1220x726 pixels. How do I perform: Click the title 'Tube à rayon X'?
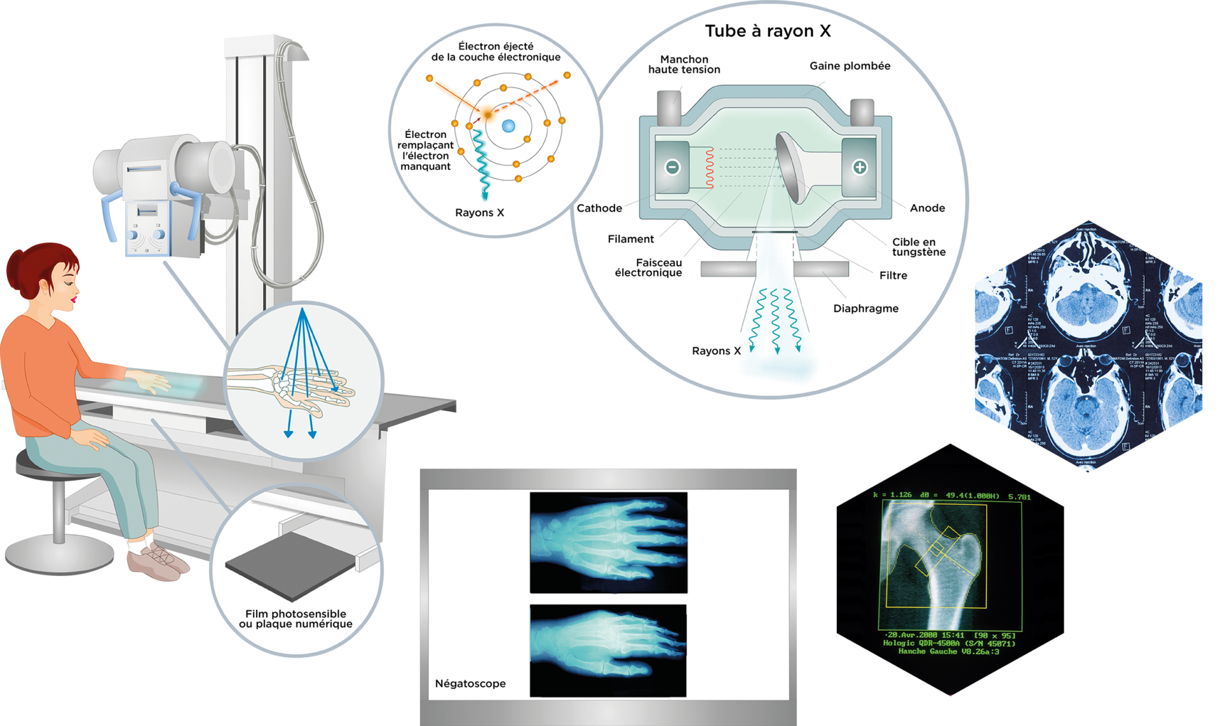pyautogui.click(x=768, y=31)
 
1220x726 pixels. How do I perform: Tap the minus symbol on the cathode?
pyautogui.click(x=672, y=167)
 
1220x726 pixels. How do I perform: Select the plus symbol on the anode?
pyautogui.click(x=859, y=167)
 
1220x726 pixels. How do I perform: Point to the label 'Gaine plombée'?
pyautogui.click(x=850, y=66)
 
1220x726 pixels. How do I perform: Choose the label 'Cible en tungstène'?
pyautogui.click(x=918, y=247)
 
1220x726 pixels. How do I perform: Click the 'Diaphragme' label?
pyautogui.click(x=865, y=308)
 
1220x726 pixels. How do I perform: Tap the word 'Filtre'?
pyautogui.click(x=893, y=275)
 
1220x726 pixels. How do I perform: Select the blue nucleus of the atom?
pyautogui.click(x=508, y=126)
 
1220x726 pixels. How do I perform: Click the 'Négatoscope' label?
pyautogui.click(x=470, y=683)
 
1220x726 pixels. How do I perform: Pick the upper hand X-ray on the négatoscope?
pyautogui.click(x=608, y=542)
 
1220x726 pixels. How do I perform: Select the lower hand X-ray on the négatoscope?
pyautogui.click(x=608, y=650)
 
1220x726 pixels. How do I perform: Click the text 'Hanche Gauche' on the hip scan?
pyautogui.click(x=928, y=652)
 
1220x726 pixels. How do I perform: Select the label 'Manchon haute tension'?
pyautogui.click(x=684, y=64)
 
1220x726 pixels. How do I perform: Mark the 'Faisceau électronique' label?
pyautogui.click(x=649, y=268)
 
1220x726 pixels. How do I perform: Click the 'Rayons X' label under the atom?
pyautogui.click(x=479, y=213)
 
